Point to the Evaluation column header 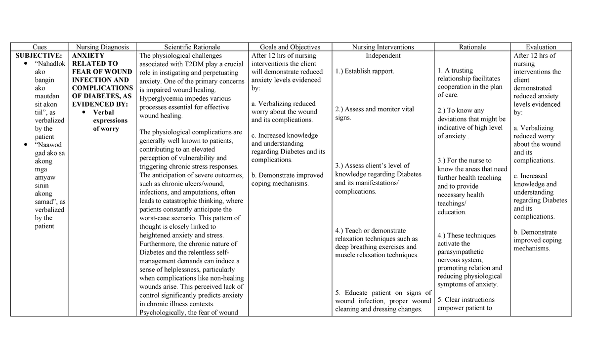pos(541,47)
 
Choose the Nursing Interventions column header pos(383,47)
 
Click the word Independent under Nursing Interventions pos(383,55)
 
